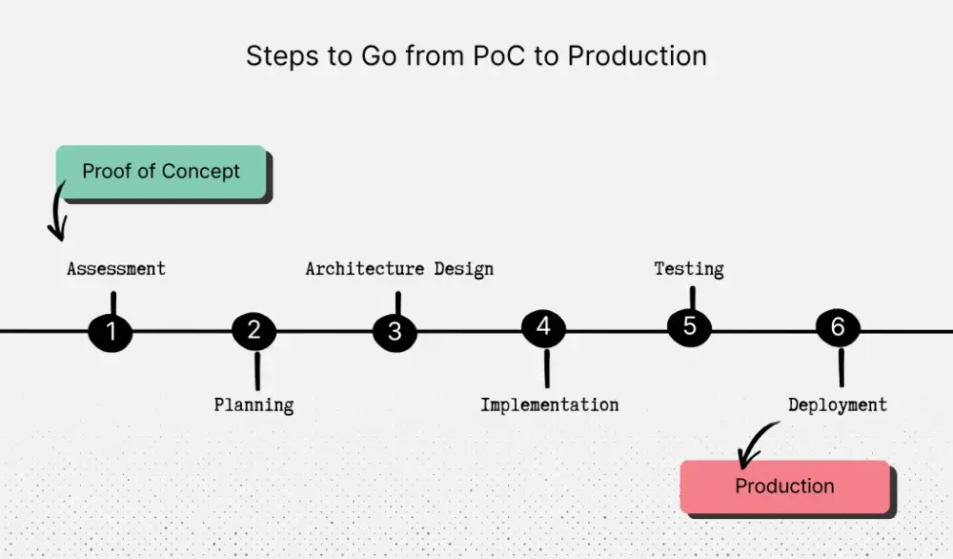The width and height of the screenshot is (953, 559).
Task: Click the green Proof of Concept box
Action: [160, 172]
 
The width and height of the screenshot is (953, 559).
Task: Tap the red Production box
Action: [784, 487]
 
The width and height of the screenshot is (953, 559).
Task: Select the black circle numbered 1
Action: [111, 332]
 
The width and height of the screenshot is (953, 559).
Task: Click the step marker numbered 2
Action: [253, 330]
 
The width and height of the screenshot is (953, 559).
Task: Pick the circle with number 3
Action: [395, 332]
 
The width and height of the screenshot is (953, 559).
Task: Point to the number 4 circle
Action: [543, 328]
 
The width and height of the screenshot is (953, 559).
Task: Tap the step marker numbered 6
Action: [838, 328]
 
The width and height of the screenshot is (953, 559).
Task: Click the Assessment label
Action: [116, 269]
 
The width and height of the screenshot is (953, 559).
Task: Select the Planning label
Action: [253, 404]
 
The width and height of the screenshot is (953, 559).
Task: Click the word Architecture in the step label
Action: [365, 269]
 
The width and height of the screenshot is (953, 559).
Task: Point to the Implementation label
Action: [549, 404]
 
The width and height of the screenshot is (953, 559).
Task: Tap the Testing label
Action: [688, 269]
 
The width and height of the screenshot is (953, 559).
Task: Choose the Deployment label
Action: [837, 404]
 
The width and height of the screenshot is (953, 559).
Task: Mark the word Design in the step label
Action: [464, 269]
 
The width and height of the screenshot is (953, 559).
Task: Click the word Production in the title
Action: [637, 56]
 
